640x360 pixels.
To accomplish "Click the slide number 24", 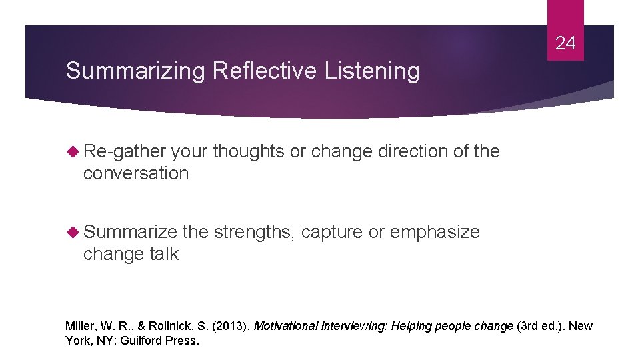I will coord(565,44).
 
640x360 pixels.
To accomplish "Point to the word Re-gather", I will coord(125,152).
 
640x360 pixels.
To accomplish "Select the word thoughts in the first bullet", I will coord(249,152).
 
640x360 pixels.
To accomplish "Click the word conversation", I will coord(136,174).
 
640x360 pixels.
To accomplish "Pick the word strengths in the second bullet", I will coord(253,232).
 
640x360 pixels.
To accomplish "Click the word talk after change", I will coord(163,254).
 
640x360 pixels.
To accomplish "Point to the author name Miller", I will coord(80,326).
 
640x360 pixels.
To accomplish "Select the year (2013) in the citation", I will coord(229,326).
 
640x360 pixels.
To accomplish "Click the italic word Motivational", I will coord(286,326).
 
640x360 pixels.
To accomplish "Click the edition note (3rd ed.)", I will coord(541,326).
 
